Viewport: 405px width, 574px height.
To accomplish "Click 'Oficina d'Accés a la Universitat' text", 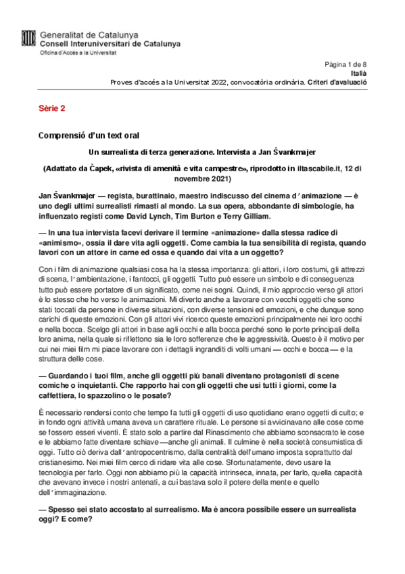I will pyautogui.click(x=78, y=52).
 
